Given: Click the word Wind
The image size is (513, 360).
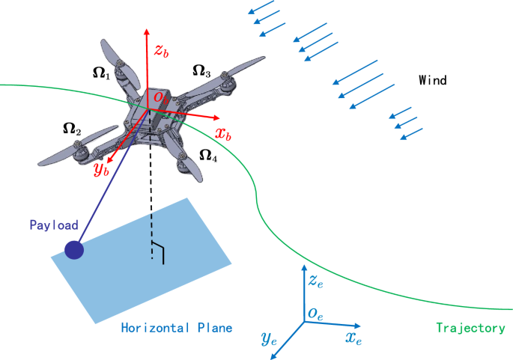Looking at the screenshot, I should click(x=433, y=80).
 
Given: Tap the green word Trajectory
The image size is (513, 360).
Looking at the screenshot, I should click(x=470, y=328).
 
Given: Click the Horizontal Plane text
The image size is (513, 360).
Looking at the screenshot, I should click(x=177, y=328).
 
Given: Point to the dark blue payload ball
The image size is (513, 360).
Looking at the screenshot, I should click(x=73, y=251).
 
